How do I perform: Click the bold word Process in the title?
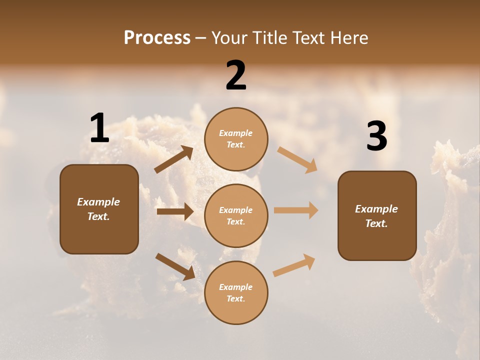pyautogui.click(x=157, y=37)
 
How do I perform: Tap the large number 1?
pyautogui.click(x=99, y=128)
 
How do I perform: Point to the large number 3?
pyautogui.click(x=376, y=136)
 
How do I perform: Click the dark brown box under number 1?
pyautogui.click(x=99, y=209)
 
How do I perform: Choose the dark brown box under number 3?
pyautogui.click(x=377, y=215)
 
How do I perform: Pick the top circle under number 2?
pyautogui.click(x=236, y=139)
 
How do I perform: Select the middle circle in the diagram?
pyautogui.click(x=236, y=215)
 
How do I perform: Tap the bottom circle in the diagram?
pyautogui.click(x=236, y=292)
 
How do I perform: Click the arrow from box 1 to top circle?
pyautogui.click(x=174, y=159)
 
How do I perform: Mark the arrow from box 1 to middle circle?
pyautogui.click(x=175, y=211)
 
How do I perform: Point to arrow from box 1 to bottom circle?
pyautogui.click(x=175, y=266)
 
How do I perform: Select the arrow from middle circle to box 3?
pyautogui.click(x=296, y=210)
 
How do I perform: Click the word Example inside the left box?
pyautogui.click(x=98, y=202)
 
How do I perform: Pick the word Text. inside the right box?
pyautogui.click(x=376, y=223)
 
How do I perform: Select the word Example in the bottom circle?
pyautogui.click(x=236, y=287)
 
